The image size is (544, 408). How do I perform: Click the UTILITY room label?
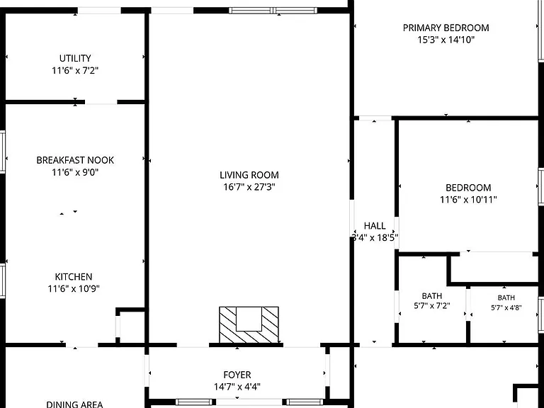pos(75,58)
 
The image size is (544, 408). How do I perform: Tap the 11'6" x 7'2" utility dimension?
pos(75,70)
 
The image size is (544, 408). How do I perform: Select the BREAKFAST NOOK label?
pos(75,160)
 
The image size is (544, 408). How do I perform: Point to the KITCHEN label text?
pos(74,276)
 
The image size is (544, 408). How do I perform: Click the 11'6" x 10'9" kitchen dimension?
pos(74,288)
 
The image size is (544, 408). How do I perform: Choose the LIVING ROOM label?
pos(249,175)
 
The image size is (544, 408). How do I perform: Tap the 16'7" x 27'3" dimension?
pos(249,187)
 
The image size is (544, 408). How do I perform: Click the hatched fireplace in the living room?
pos(249,324)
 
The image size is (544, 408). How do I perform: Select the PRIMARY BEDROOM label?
pos(446,28)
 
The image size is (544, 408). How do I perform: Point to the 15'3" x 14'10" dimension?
pos(446,40)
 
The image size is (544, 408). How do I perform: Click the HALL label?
pos(375,226)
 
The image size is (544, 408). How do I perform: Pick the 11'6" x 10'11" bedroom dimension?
pos(468,200)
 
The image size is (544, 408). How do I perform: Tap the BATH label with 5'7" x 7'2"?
pos(432,296)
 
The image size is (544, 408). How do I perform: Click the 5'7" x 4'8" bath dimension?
pos(506,307)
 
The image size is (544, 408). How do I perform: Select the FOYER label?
pos(237,375)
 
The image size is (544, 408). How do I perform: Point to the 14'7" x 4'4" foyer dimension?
pos(237,387)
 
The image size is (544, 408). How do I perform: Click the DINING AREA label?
pos(74,404)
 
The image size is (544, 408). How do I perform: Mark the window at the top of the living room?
pos(273,11)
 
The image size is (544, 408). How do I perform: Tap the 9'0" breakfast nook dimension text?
pos(90,172)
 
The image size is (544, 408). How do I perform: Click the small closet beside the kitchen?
pos(131,327)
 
